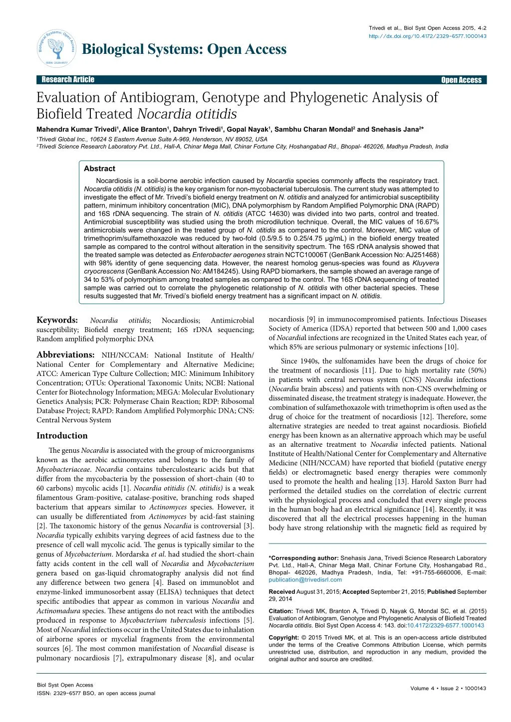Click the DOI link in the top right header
[428, 36]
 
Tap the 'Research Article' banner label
[67, 80]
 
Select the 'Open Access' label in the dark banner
[461, 80]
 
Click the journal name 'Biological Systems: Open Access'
[184, 49]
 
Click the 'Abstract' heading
[99, 169]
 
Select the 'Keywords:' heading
[57, 320]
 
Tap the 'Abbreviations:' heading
[65, 355]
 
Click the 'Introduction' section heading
[62, 435]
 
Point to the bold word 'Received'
[282, 592]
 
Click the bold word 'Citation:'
[281, 611]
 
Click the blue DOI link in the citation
[445, 625]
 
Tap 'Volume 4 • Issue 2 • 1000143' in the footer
[448, 688]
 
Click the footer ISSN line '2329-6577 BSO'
[85, 693]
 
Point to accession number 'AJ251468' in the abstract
[424, 254]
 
